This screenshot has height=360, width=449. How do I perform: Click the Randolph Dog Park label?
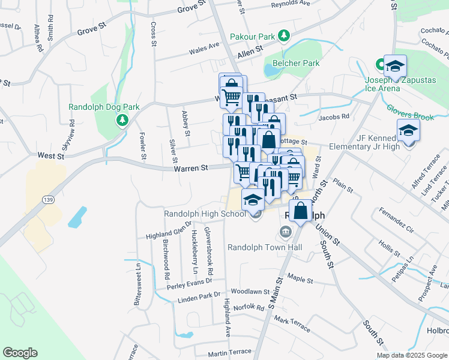click(x=104, y=107)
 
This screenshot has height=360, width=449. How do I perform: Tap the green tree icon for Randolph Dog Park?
click(x=122, y=121)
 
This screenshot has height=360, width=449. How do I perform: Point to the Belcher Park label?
click(x=297, y=63)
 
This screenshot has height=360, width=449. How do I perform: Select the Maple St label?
click(x=300, y=279)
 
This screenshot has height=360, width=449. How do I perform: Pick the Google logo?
click(x=20, y=353)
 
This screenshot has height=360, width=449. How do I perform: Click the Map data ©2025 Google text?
click(x=412, y=355)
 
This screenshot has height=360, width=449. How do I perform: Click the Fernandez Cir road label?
click(x=397, y=221)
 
